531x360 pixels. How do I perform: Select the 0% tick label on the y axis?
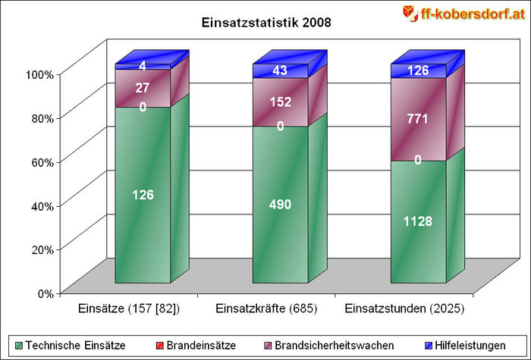(x=44, y=293)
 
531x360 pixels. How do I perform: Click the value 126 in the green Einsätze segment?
(x=143, y=195)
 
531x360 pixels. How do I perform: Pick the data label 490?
(x=280, y=204)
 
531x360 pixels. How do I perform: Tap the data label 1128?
(x=418, y=221)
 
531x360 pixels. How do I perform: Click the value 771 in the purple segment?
(x=418, y=119)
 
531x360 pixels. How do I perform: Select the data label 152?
(x=280, y=102)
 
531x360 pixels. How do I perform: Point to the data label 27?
(x=143, y=88)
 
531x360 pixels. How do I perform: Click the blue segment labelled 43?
(x=280, y=71)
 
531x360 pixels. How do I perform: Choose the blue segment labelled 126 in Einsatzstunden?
(x=418, y=71)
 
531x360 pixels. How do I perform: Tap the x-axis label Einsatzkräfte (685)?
(x=266, y=309)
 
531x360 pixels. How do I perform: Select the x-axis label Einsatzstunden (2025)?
(x=404, y=309)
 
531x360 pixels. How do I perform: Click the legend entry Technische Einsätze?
(x=74, y=346)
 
